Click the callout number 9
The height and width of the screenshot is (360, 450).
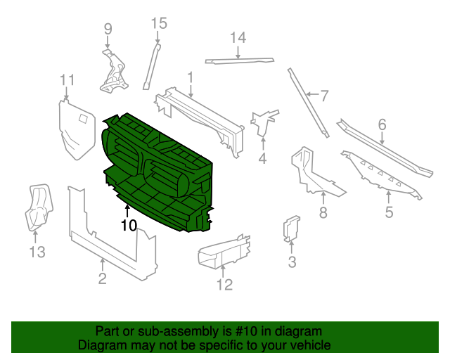[108, 29]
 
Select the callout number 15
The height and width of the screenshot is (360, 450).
[159, 23]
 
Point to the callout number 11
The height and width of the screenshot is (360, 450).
[67, 79]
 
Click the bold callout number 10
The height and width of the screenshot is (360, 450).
[128, 226]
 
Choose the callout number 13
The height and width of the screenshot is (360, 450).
[37, 251]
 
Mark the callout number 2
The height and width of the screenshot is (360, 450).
[102, 280]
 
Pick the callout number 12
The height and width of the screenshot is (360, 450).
[224, 285]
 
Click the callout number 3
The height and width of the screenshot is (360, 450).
[292, 263]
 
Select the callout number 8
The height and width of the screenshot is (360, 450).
[323, 213]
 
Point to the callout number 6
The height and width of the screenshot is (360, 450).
[382, 124]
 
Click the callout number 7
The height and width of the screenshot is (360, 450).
[324, 96]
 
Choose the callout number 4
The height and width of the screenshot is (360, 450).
[262, 159]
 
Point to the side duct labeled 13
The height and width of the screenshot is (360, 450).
[38, 207]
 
